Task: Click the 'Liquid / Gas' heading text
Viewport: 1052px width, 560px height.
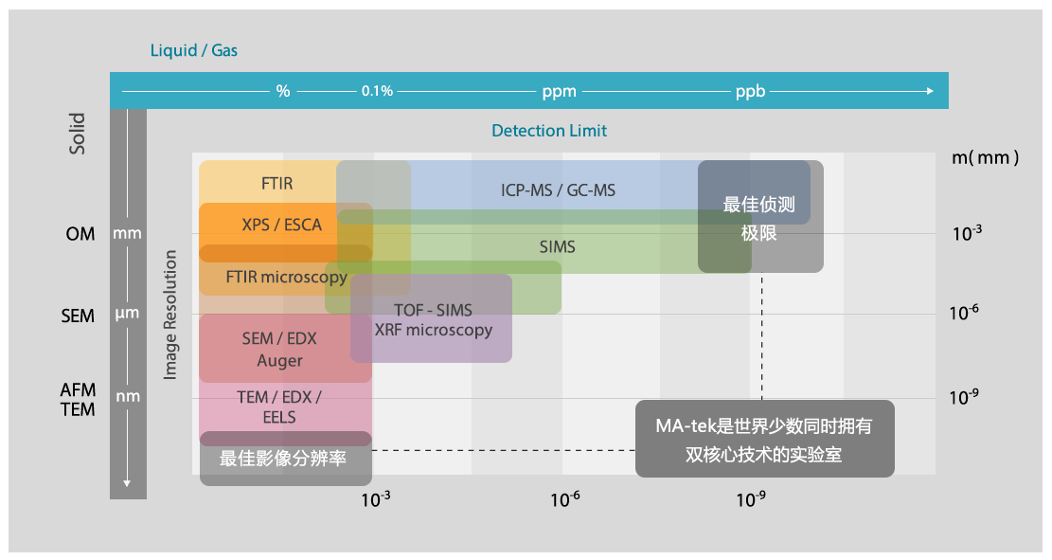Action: point(194,50)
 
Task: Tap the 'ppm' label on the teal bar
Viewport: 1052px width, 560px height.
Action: point(559,92)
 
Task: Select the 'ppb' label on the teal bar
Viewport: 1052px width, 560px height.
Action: point(750,92)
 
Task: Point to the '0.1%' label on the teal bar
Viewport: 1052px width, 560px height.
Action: point(377,92)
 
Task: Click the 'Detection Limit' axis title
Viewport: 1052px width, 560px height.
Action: point(549,131)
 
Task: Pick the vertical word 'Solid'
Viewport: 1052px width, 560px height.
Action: point(78,134)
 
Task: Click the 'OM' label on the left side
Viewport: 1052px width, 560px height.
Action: point(80,233)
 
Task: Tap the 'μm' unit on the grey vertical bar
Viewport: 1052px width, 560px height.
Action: point(127,314)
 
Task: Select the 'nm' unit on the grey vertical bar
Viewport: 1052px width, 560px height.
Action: point(127,396)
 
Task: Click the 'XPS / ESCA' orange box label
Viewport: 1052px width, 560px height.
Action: point(281,226)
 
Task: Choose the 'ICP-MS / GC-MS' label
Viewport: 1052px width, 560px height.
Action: point(558,190)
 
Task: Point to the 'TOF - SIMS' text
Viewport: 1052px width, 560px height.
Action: point(433,310)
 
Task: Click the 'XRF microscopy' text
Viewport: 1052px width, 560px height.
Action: point(433,331)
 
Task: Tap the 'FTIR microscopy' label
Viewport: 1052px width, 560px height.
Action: point(286,278)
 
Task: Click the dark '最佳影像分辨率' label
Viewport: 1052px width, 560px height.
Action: point(281,460)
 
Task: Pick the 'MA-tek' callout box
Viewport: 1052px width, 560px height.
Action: point(764,440)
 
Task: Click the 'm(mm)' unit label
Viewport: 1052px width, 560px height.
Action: point(986,158)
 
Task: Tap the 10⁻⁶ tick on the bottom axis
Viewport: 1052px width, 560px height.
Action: point(565,499)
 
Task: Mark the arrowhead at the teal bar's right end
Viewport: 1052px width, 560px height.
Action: point(930,91)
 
